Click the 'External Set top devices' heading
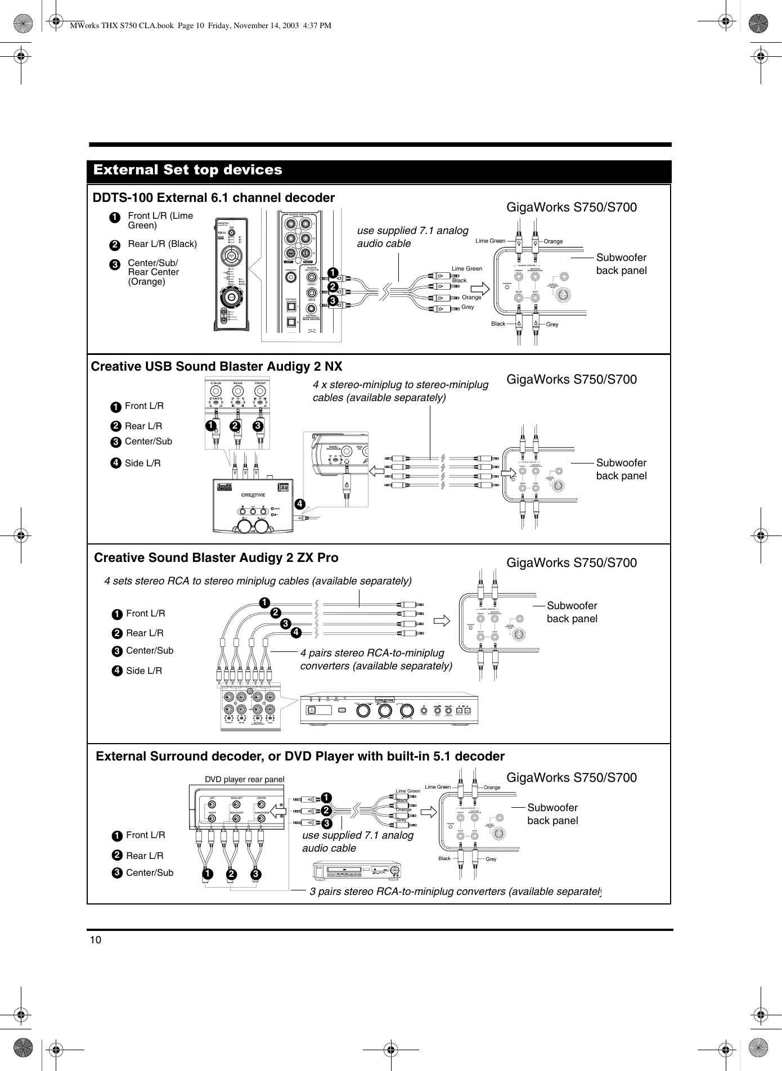188,170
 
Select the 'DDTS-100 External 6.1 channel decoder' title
213,198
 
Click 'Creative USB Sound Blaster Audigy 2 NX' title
217,367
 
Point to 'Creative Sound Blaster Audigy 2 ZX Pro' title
217,557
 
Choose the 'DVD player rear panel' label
244,779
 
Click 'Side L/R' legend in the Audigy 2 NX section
142,463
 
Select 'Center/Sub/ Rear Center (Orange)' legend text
153,272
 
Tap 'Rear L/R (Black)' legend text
162,244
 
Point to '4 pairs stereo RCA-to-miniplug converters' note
376,659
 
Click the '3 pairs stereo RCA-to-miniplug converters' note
455,890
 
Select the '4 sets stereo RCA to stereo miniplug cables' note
258,580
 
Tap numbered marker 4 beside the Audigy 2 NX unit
300,504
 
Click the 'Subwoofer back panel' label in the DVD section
552,814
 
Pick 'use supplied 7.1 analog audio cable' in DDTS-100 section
412,237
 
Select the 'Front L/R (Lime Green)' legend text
160,220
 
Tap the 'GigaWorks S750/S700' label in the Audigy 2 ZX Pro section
572,563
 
